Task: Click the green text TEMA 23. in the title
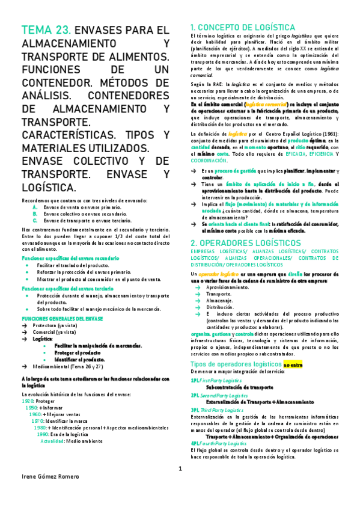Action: click(x=45, y=30)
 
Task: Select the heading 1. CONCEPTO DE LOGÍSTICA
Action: click(x=242, y=28)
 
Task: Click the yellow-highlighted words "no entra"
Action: click(x=293, y=364)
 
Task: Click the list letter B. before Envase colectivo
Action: click(x=35, y=213)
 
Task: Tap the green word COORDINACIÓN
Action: click(x=209, y=161)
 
